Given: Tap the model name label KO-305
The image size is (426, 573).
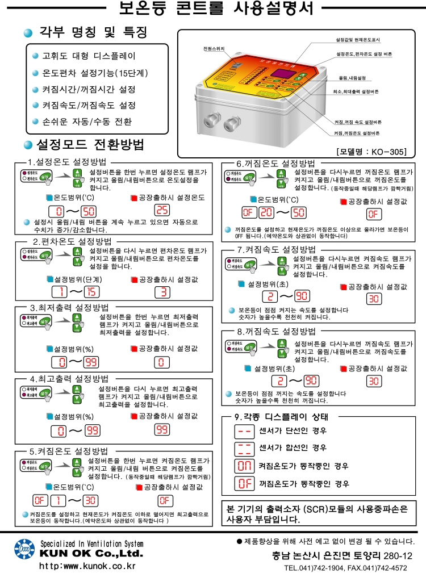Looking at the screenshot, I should pos(371,152).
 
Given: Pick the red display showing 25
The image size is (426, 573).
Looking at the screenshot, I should pos(162,211).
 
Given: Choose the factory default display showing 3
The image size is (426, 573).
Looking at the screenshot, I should pos(162,292).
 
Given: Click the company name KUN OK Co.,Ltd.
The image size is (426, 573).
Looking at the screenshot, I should pos(91,554).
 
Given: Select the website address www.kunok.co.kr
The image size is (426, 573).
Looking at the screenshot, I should pos(87,566).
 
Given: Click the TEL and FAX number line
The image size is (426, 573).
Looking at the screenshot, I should pos(345,567).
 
